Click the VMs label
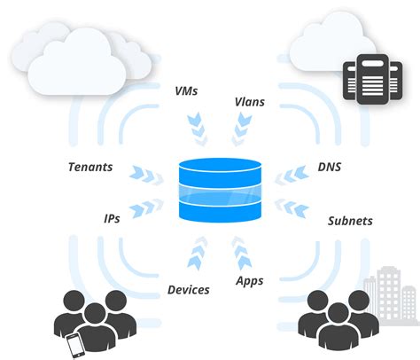click(187, 90)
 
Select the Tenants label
click(90, 167)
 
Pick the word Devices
click(188, 289)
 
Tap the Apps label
click(249, 280)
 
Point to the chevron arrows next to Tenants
click(141, 172)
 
